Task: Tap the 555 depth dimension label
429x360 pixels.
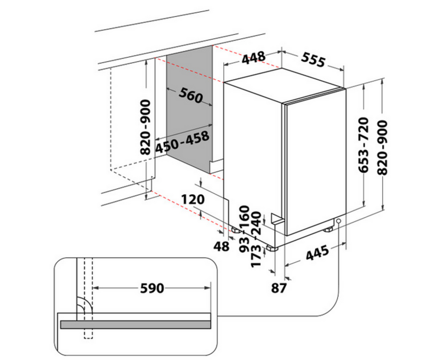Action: pos(313,60)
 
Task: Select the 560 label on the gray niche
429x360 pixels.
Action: pos(191,95)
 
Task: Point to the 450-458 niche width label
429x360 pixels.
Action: pos(182,142)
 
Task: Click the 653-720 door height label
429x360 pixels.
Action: pos(363,145)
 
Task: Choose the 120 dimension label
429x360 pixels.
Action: pos(193,199)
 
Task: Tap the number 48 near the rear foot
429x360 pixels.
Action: pos(221,246)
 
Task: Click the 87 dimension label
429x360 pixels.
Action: pos(278,288)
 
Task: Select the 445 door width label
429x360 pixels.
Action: pos(317,253)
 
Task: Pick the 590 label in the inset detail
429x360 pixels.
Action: pos(152,288)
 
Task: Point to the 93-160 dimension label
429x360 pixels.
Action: pos(244,229)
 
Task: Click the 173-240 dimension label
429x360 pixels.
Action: pos(256,239)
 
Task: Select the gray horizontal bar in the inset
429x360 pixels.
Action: pos(135,325)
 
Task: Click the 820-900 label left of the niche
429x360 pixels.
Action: pos(145,127)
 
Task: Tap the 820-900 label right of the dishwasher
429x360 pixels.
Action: pos(382,147)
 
